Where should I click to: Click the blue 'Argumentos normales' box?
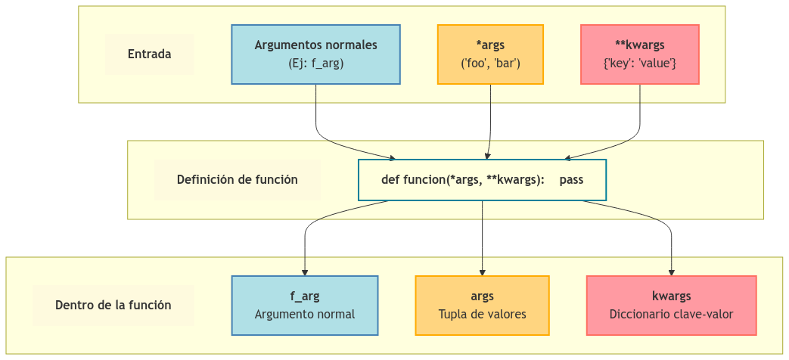315,54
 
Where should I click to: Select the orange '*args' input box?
490,54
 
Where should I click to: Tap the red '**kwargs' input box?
639,54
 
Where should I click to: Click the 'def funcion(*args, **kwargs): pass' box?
482,180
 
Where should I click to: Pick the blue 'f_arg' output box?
304,305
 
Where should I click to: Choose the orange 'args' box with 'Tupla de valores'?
482,305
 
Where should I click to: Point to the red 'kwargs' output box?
671,305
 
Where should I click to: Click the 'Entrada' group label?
149,54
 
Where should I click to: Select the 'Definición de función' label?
237,180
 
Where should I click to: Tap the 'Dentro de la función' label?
113,306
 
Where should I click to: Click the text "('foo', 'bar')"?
490,64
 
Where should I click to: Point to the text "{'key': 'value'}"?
639,64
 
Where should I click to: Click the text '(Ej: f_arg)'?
315,64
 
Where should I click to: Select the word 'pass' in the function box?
571,180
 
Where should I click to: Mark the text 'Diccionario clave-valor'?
671,314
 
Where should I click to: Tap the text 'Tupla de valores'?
482,314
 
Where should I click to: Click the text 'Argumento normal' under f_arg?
304,314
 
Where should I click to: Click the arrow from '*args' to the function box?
490,121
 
